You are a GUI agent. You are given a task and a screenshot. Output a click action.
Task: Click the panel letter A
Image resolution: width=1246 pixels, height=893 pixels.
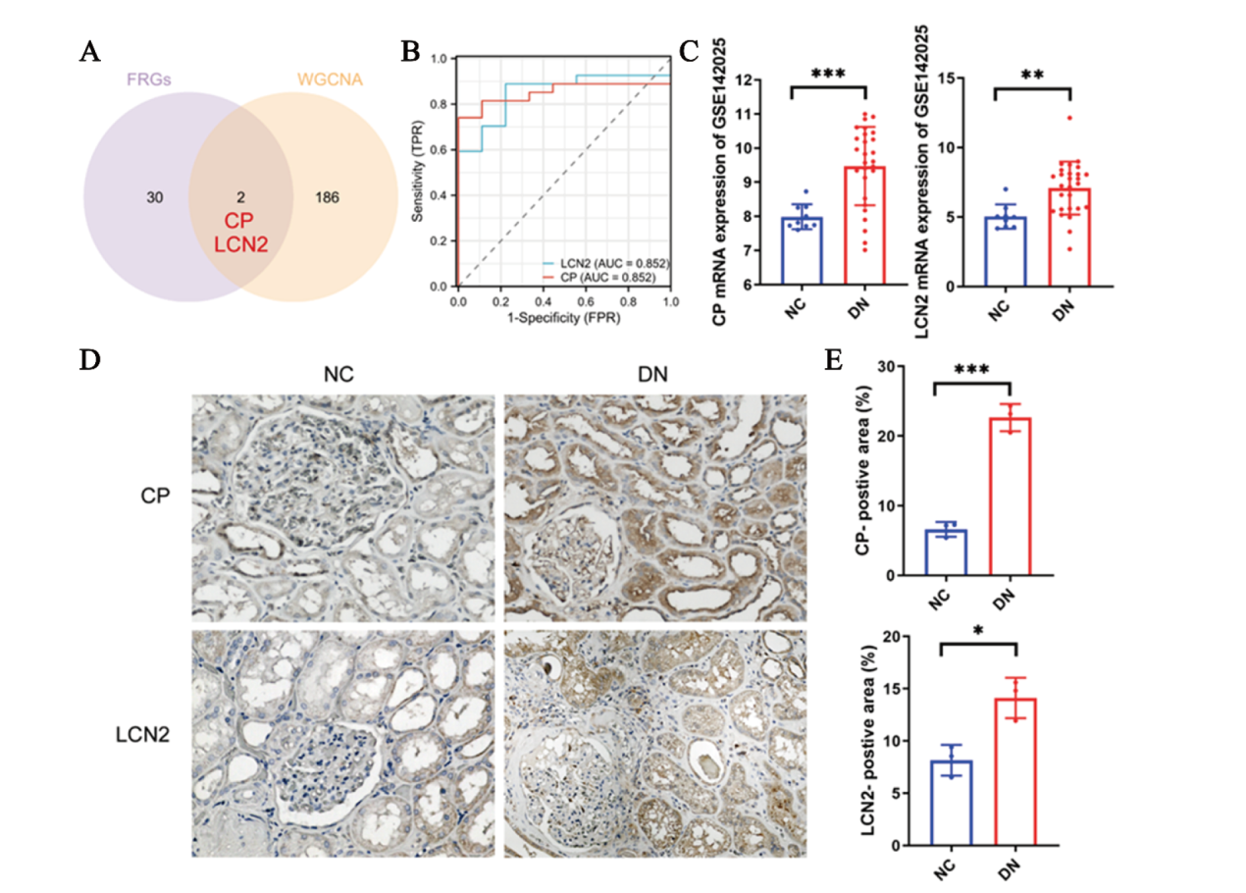pos(89,55)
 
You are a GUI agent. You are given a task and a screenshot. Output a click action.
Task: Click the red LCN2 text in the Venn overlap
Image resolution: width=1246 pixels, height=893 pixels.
pos(240,240)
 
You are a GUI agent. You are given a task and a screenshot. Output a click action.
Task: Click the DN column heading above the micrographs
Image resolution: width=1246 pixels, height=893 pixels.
pos(656,373)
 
